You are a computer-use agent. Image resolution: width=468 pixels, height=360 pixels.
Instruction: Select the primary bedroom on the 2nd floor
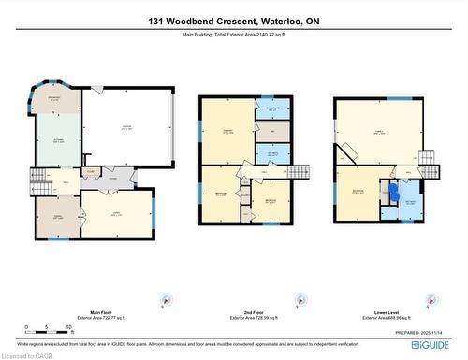point(227,131)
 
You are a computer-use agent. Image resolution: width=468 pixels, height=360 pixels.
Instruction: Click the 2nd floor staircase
point(299,173)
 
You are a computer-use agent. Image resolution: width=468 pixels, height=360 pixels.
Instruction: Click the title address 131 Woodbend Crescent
point(233,21)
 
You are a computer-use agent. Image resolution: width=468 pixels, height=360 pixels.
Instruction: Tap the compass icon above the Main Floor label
point(166,299)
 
